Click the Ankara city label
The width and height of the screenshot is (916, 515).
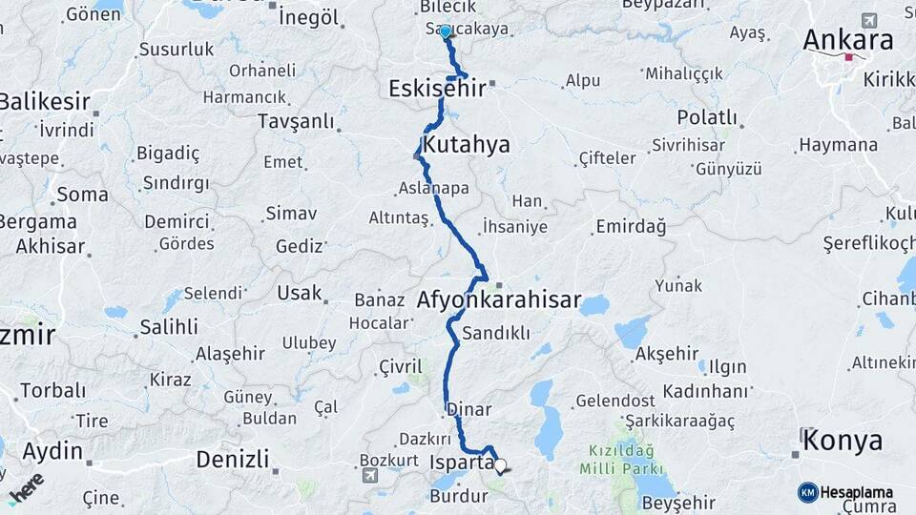847,40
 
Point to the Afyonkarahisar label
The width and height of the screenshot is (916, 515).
498,300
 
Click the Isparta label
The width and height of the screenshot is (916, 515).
462,463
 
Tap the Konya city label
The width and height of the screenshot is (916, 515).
843,441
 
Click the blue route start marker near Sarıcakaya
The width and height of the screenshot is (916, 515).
446,31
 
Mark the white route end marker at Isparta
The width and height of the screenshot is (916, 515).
499,466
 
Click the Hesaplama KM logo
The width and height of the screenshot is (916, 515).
845,492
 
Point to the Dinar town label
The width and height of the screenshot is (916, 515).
468,410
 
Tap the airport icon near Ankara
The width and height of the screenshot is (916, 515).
868,20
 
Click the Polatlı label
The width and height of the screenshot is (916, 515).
707,117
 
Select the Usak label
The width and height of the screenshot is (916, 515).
300,293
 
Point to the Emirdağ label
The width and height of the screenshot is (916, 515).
630,226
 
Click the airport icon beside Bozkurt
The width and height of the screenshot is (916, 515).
370,474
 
